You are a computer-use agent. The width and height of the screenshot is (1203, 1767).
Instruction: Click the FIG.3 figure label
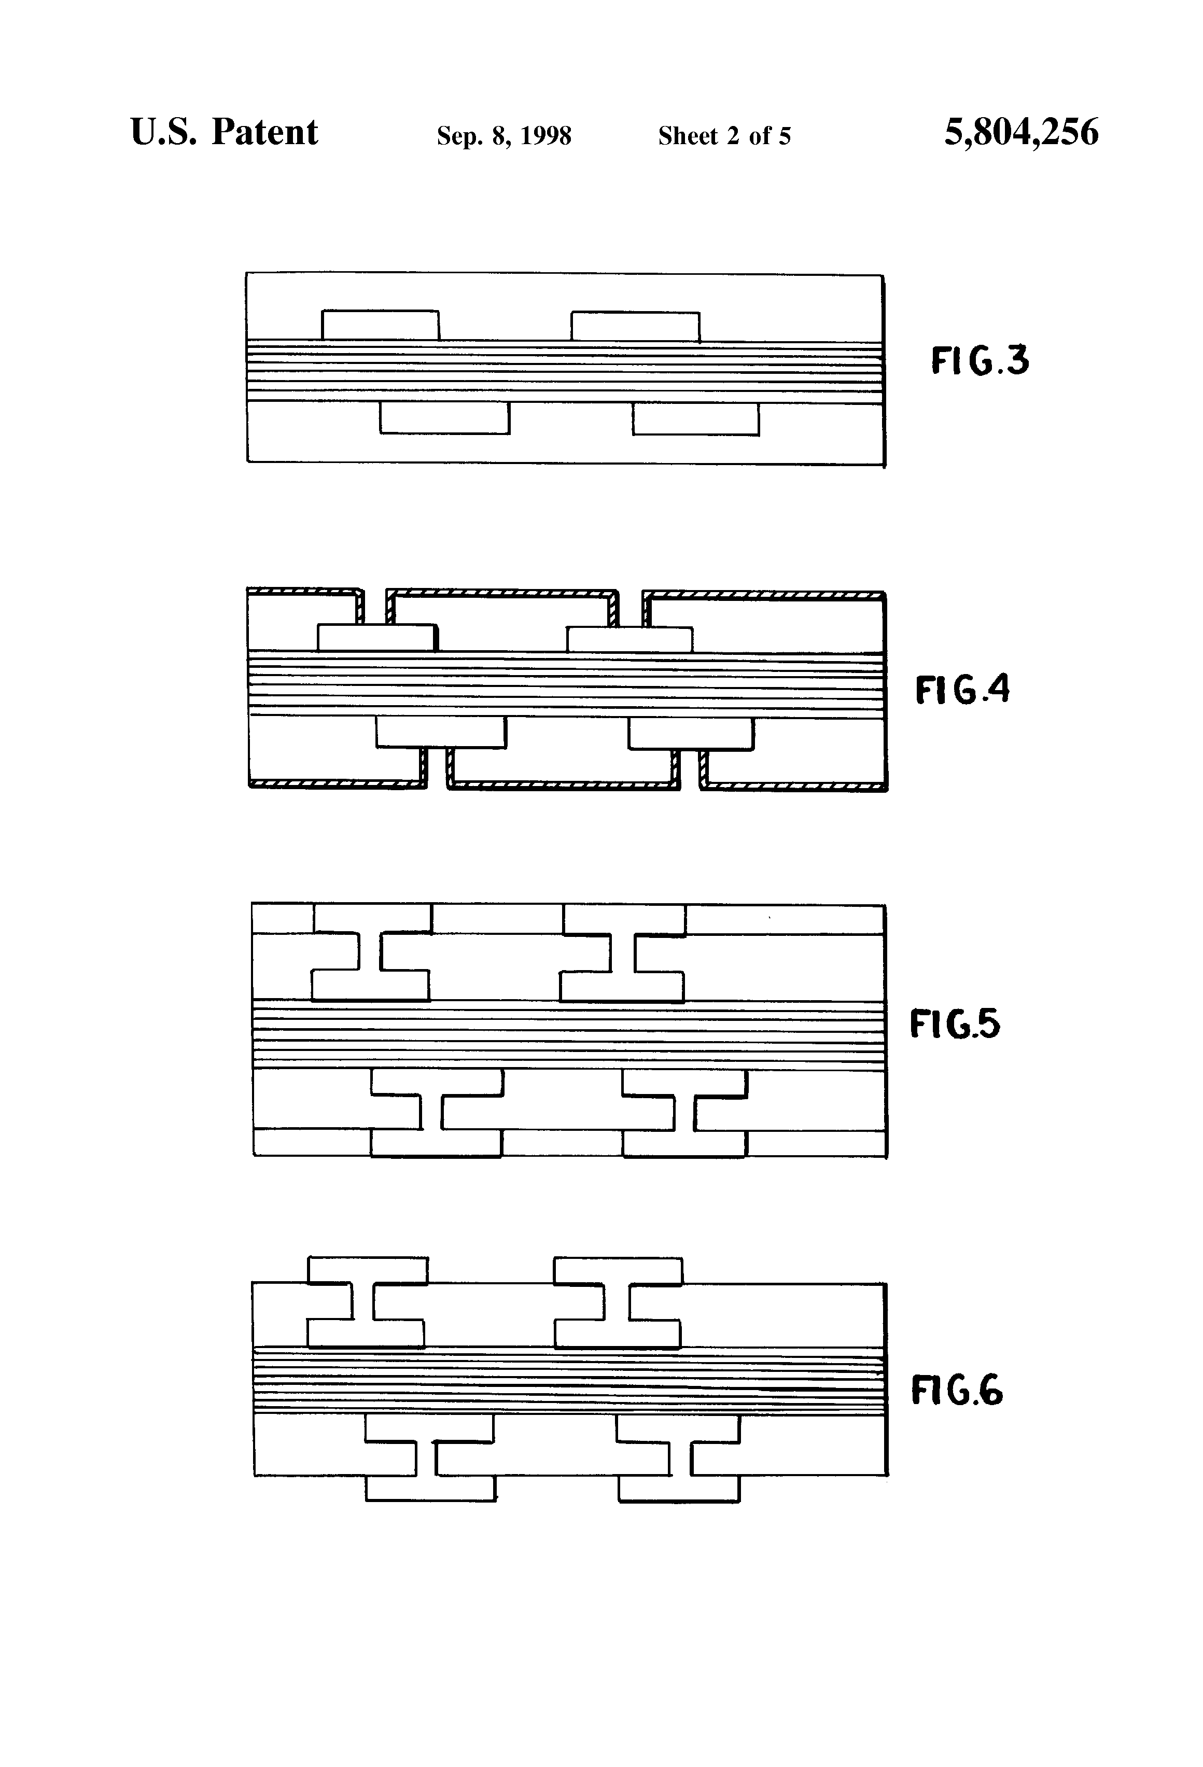pyautogui.click(x=980, y=360)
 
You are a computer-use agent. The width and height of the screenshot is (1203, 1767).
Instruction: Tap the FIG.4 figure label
pyautogui.click(x=962, y=690)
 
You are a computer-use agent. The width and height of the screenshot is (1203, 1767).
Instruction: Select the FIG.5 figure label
pyautogui.click(x=954, y=1023)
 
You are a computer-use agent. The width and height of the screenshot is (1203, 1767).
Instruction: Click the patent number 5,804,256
pyautogui.click(x=1020, y=132)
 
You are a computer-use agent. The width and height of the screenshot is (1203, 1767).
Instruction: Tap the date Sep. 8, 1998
pyautogui.click(x=503, y=135)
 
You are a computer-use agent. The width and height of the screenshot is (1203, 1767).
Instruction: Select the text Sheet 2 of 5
pyautogui.click(x=724, y=135)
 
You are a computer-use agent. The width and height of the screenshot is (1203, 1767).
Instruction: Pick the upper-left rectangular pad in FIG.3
pyautogui.click(x=380, y=326)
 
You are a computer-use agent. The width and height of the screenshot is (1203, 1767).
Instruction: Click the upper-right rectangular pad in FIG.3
pyautogui.click(x=635, y=326)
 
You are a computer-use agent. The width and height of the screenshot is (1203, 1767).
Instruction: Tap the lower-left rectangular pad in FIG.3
pyautogui.click(x=444, y=418)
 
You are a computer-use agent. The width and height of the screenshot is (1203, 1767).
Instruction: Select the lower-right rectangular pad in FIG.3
pyautogui.click(x=695, y=419)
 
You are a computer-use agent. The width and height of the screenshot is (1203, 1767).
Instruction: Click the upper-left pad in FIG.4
pyautogui.click(x=375, y=638)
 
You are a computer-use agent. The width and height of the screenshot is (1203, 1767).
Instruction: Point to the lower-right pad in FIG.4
pyautogui.click(x=691, y=734)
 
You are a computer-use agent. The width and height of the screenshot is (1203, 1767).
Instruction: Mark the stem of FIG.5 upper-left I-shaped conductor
pyautogui.click(x=370, y=952)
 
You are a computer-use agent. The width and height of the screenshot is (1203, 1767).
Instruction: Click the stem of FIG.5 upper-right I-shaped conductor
pyautogui.click(x=623, y=952)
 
